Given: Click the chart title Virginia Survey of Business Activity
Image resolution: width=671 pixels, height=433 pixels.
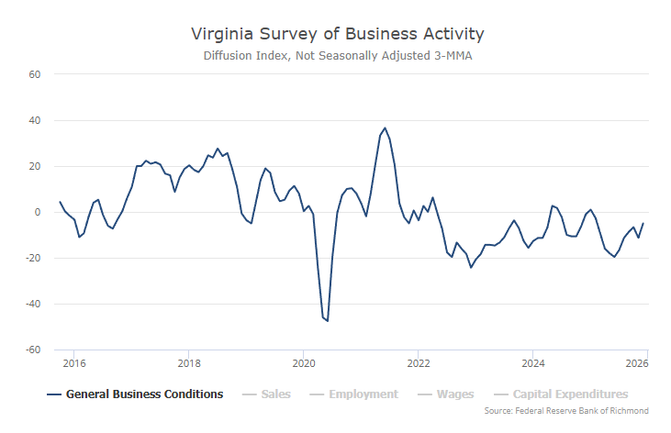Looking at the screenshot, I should coord(337,34).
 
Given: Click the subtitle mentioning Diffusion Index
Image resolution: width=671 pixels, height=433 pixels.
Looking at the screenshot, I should coord(337,56).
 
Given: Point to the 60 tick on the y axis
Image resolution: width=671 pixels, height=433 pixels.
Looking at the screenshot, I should coord(36,73).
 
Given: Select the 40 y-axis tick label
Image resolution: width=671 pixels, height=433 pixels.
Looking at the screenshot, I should coord(36,120).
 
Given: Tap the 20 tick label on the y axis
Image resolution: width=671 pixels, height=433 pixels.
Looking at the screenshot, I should coord(36,166).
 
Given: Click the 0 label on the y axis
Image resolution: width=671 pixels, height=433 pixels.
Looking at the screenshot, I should coord(39,212).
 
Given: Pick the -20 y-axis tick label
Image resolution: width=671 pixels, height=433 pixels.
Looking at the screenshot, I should coord(34,258).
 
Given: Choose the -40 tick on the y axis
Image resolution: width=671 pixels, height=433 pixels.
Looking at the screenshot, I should coord(34,304).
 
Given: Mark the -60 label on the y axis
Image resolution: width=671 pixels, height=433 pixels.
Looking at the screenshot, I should coord(34,350).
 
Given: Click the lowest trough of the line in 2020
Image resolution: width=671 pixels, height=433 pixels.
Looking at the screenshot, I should coord(328,320).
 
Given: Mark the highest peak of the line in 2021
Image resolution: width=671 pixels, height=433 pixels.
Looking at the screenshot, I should coord(385,128).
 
